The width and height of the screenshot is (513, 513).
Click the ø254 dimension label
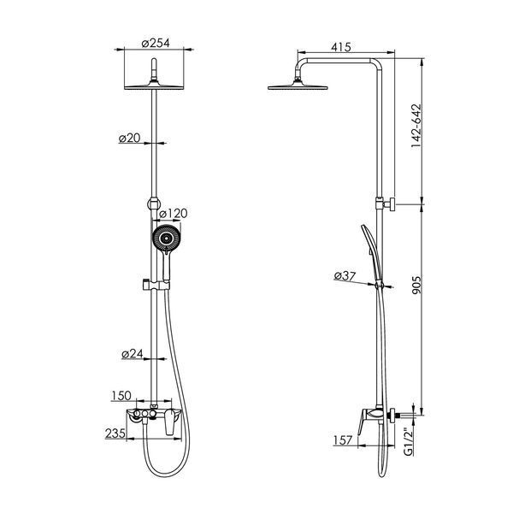(x=156, y=44)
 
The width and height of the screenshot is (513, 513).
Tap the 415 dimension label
(x=340, y=47)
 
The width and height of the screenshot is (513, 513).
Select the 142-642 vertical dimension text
(x=416, y=126)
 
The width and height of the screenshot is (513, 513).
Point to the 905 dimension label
(x=416, y=285)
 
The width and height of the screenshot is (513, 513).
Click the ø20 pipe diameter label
(x=130, y=138)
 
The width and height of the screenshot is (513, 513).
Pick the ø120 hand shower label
(x=173, y=213)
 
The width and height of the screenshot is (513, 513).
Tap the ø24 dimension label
(x=133, y=354)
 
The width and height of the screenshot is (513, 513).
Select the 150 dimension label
(x=121, y=396)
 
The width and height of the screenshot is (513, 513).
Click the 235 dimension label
(x=115, y=433)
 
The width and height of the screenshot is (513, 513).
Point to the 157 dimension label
(x=343, y=440)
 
